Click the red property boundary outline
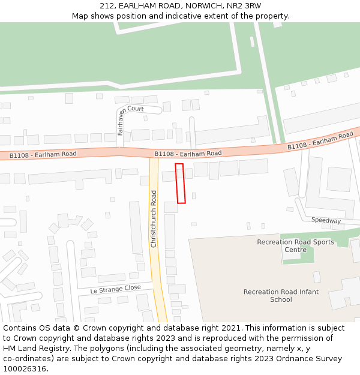tap(180, 183)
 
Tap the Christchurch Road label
tap(154, 219)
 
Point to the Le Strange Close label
tap(116, 289)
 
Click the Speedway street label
tap(326, 221)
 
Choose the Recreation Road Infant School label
tap(281, 296)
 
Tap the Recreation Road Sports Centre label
tap(295, 246)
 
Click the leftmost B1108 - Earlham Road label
tap(43, 155)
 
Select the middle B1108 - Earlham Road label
tap(188, 154)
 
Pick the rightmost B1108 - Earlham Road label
tap(320, 142)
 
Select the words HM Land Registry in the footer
tap(34, 349)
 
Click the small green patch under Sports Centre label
tap(306, 256)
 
